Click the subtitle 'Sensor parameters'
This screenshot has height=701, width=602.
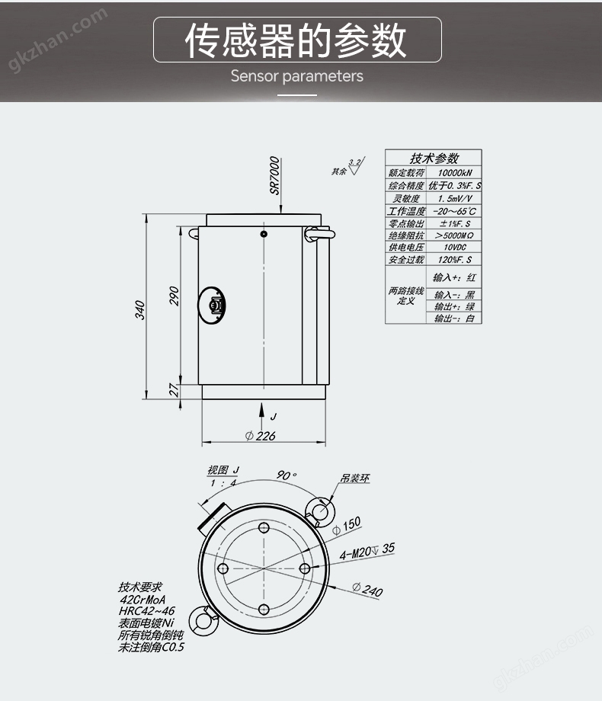[297, 76]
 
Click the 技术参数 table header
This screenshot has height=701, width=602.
[434, 158]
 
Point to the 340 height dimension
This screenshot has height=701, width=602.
[140, 309]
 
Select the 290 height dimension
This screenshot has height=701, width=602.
[174, 296]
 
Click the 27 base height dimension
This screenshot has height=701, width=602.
[174, 390]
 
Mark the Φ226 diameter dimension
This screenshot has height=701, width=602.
[261, 436]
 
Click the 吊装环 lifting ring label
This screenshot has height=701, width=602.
[355, 479]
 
